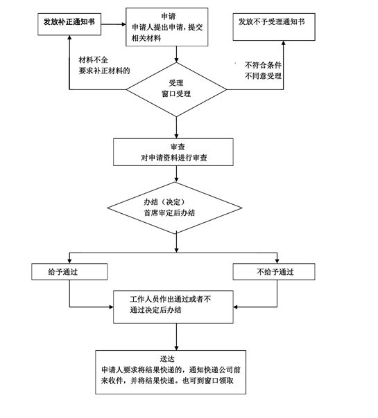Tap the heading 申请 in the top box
coord(169,17)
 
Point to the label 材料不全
coord(93,60)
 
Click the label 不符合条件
coord(263,65)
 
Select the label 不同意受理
coord(263,76)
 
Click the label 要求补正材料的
coord(104,71)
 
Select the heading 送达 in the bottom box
coord(167,358)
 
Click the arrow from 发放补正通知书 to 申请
coord(114,24)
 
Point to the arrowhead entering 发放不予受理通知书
coord(284,43)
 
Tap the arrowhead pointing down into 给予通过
coord(70,262)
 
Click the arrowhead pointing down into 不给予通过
coord(277,262)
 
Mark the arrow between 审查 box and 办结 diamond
coord(176,174)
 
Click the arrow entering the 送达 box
coord(176,337)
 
